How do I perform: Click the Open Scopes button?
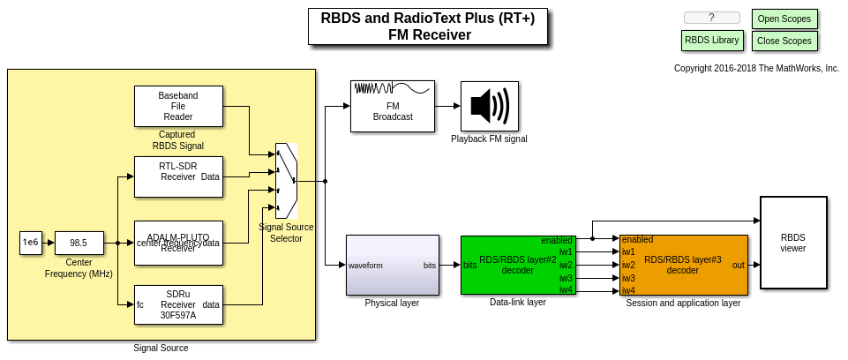784,19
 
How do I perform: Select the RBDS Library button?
711,41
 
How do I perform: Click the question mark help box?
711,18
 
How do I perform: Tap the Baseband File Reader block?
178,106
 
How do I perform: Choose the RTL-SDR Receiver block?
178,176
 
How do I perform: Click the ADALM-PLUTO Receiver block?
178,243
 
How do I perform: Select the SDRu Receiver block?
178,304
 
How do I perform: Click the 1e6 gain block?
31,243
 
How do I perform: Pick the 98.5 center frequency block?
79,243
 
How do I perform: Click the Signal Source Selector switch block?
286,181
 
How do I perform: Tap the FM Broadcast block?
392,106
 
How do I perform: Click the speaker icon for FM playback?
489,106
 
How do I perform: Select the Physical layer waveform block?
392,265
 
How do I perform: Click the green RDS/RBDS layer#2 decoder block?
518,265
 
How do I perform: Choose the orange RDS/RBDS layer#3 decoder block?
683,265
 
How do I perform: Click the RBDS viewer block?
793,243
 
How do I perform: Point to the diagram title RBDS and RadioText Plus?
427,26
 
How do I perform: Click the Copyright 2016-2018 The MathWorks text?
756,68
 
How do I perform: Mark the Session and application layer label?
683,303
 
